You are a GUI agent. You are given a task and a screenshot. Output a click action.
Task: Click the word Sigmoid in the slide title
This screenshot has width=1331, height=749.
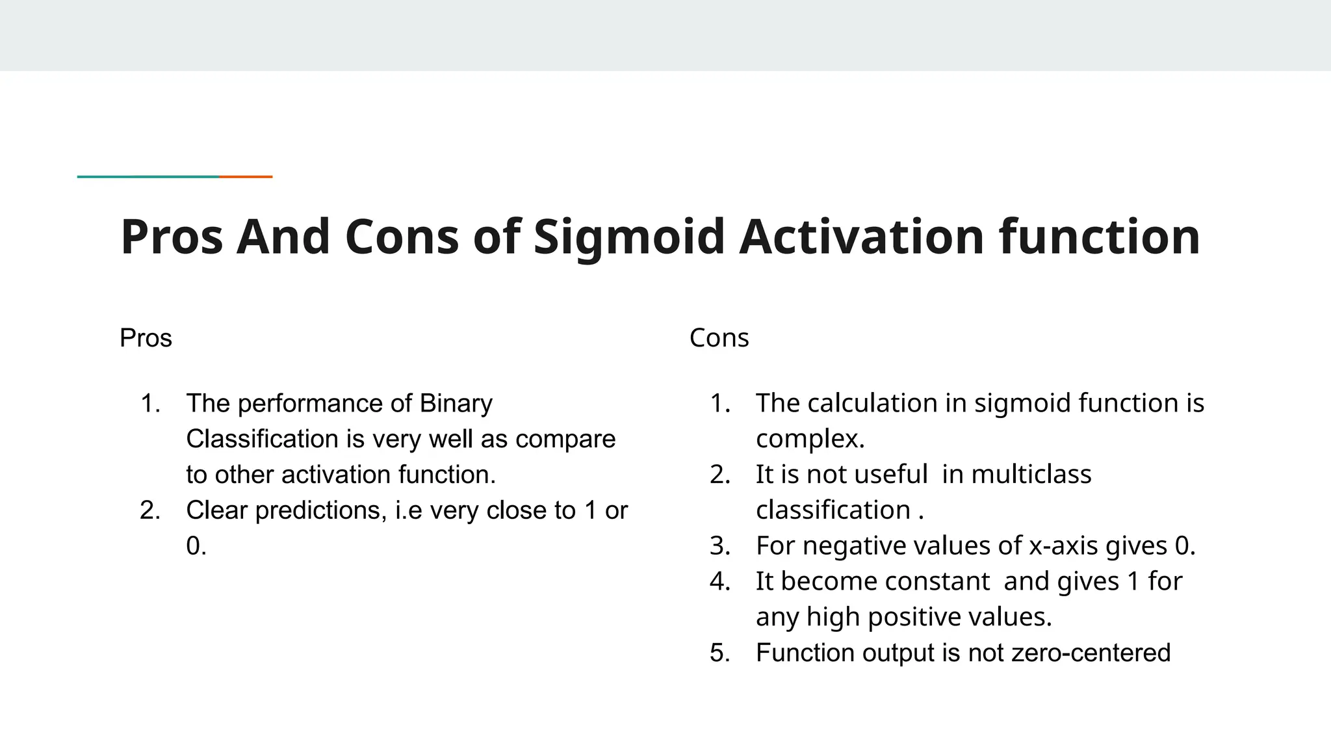pyautogui.click(x=628, y=237)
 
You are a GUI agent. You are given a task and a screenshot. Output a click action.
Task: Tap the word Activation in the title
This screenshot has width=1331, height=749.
pyautogui.click(x=861, y=237)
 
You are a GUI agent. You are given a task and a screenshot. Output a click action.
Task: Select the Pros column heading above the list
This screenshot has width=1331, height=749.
pyautogui.click(x=146, y=338)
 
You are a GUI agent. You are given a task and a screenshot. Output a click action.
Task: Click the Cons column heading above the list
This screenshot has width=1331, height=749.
pyautogui.click(x=719, y=338)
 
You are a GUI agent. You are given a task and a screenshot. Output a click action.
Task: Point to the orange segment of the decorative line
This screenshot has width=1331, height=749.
pyautogui.click(x=246, y=176)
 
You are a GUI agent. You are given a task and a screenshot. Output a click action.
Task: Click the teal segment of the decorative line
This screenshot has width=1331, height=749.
pyautogui.click(x=148, y=176)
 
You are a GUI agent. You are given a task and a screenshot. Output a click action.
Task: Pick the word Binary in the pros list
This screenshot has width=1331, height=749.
pyautogui.click(x=456, y=404)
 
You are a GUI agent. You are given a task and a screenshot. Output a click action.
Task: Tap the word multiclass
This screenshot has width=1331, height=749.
pyautogui.click(x=1031, y=475)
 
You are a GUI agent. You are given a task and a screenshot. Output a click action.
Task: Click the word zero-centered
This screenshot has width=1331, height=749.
pyautogui.click(x=1091, y=653)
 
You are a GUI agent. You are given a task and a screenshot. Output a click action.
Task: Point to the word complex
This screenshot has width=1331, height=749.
pyautogui.click(x=809, y=440)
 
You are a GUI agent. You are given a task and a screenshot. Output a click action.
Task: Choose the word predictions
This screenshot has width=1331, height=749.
pyautogui.click(x=318, y=510)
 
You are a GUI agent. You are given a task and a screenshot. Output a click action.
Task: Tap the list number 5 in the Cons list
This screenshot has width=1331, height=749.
pyautogui.click(x=719, y=653)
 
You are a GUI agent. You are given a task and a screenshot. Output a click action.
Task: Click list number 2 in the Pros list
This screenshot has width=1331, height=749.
pyautogui.click(x=149, y=510)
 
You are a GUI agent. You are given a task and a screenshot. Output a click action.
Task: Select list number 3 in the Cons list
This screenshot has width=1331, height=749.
pyautogui.click(x=719, y=546)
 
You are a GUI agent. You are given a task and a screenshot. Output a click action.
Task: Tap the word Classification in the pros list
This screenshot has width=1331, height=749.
pyautogui.click(x=262, y=440)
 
